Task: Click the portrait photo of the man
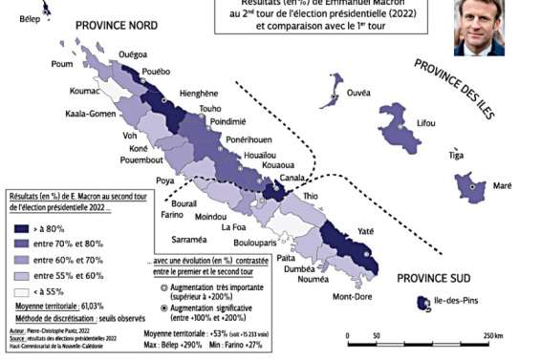pyautogui.click(x=480, y=26)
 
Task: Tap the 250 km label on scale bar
pyautogui.click(x=492, y=337)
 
